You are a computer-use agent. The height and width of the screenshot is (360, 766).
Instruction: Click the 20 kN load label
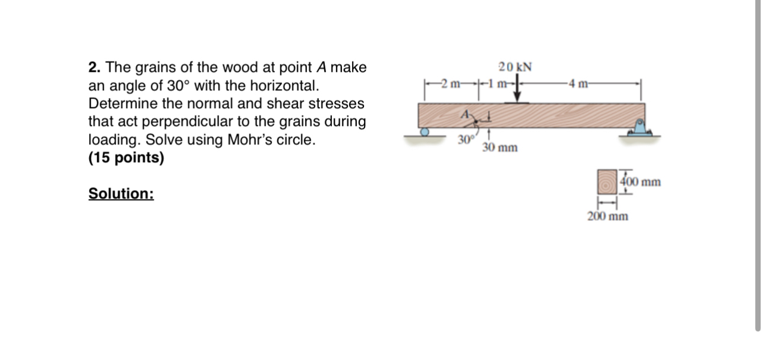514,66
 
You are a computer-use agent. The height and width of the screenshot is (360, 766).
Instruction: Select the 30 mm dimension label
499,147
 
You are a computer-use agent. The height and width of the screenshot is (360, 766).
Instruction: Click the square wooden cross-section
607,182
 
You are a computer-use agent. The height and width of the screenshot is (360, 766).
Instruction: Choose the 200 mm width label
607,216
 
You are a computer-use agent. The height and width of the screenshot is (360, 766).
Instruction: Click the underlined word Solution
121,194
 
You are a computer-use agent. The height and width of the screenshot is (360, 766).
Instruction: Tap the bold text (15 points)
126,159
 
